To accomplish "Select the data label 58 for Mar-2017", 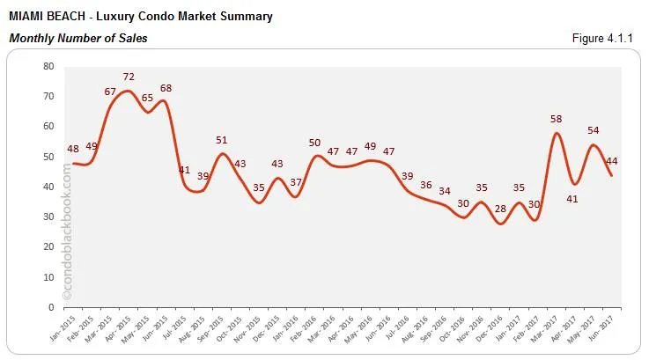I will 556,118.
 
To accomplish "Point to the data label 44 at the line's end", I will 610,161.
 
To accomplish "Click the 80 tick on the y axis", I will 48,66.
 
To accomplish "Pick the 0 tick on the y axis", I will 52,307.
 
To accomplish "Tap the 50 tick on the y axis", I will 48,157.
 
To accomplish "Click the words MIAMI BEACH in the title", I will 47,17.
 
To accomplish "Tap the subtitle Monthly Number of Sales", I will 77,38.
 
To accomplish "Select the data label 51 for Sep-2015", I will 222,140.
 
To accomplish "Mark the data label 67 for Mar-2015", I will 110,92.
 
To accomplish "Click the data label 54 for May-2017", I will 593,130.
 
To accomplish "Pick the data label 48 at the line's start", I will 73,149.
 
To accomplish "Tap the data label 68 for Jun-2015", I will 165,88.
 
